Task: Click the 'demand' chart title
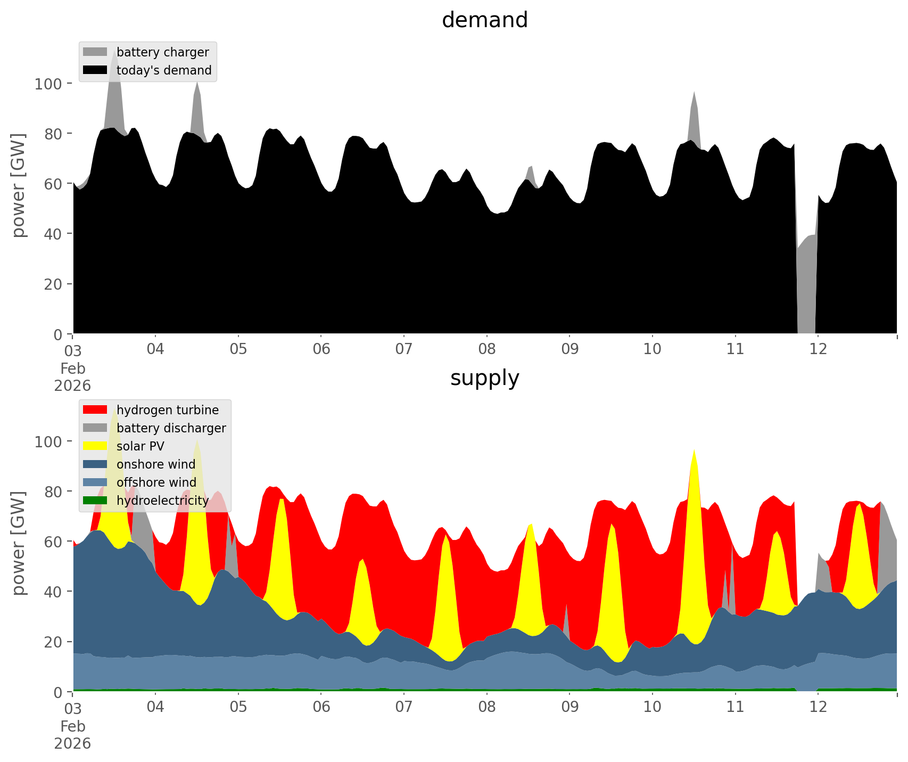tap(484, 20)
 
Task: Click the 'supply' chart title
tap(484, 378)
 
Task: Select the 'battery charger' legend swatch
tap(95, 52)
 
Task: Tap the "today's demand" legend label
tap(164, 70)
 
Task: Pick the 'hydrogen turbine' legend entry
tap(167, 410)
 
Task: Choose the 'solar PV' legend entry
tap(140, 446)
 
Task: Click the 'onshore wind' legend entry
tap(156, 464)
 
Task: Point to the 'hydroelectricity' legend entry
tap(162, 501)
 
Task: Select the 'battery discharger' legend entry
tap(171, 428)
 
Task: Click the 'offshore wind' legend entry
tap(156, 482)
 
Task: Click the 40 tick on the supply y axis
tap(53, 592)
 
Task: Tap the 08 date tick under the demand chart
tap(486, 349)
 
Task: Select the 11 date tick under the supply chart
tap(735, 707)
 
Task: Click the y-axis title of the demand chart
tap(19, 185)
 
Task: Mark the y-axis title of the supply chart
tap(19, 543)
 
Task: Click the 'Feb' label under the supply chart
tap(73, 726)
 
